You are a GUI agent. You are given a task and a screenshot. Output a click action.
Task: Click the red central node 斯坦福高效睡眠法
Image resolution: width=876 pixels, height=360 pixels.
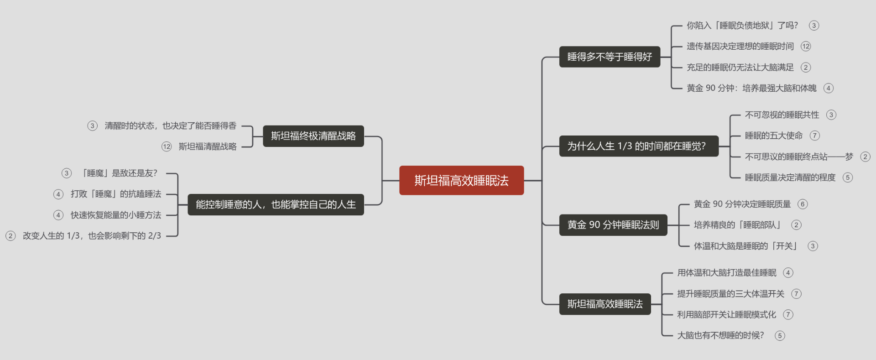[461, 180]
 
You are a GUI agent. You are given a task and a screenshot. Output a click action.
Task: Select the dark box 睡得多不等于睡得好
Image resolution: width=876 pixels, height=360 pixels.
[610, 57]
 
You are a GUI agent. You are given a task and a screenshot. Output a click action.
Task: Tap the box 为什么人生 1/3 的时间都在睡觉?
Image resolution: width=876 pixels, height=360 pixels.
[639, 146]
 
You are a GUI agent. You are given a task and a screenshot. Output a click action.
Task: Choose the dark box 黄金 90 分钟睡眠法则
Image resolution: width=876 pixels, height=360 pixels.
[613, 225]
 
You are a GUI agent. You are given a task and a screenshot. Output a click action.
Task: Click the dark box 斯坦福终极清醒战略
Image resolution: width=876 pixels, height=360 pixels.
[313, 136]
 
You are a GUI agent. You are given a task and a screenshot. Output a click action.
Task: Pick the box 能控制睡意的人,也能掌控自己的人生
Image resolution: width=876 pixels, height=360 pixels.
[276, 204]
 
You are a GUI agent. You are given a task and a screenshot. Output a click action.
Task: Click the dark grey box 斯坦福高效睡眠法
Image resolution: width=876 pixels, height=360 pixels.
[605, 304]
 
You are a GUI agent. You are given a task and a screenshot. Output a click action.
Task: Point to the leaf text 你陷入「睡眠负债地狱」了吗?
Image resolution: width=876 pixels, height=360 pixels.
[742, 26]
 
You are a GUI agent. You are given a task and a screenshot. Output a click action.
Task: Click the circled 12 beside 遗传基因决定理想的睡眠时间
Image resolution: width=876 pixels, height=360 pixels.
[806, 46]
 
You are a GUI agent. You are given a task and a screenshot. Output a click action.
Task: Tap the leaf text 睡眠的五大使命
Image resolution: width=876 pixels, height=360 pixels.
[774, 136]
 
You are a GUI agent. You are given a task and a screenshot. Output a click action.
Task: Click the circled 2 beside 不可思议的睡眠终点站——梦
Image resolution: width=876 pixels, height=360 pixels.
[865, 157]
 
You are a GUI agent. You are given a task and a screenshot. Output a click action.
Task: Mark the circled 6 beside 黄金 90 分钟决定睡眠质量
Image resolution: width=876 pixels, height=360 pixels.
[803, 204]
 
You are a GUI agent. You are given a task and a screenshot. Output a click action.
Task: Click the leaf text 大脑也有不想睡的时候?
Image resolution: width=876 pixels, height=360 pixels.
[720, 335]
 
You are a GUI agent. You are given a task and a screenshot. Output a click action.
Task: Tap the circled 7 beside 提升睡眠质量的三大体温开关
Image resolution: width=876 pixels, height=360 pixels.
[796, 294]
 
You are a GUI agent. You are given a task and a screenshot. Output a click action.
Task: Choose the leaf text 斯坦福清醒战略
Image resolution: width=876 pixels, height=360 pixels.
[208, 146]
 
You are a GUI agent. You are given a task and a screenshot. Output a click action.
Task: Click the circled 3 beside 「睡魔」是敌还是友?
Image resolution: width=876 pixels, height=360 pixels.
[67, 173]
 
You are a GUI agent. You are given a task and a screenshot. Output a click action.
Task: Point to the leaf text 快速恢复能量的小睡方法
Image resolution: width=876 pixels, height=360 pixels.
[116, 215]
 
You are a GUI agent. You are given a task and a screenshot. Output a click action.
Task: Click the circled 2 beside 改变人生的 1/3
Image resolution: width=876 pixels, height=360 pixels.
[10, 236]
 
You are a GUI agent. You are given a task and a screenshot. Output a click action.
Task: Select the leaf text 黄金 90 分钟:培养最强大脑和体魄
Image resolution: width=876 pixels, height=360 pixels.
[751, 88]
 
